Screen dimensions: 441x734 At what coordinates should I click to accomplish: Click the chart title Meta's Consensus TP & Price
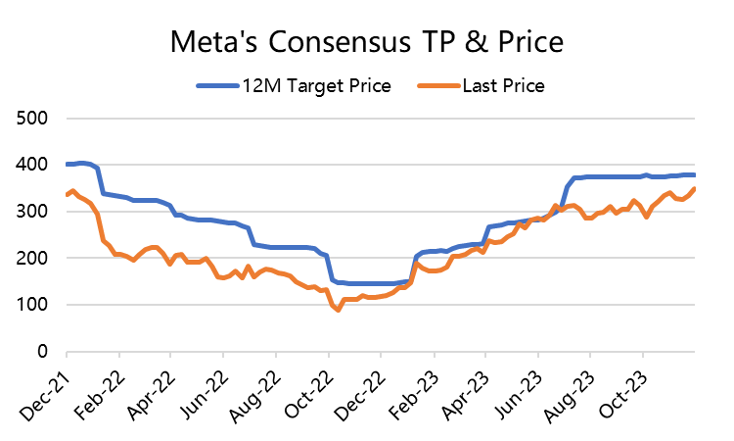pyautogui.click(x=367, y=43)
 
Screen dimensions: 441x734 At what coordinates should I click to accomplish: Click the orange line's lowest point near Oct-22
pyautogui.click(x=339, y=311)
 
